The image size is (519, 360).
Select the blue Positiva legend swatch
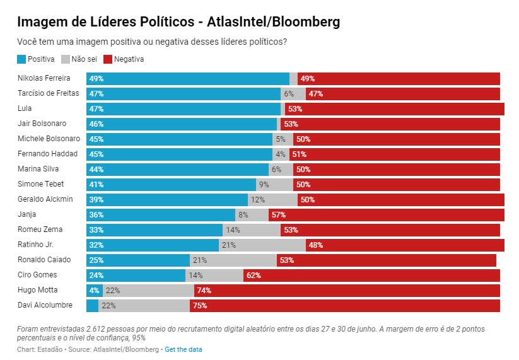click(21, 59)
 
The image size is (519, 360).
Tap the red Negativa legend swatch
click(107, 59)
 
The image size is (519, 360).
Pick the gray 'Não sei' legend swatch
click(65, 59)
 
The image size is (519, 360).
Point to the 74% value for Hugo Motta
click(204, 290)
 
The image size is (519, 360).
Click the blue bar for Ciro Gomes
click(136, 275)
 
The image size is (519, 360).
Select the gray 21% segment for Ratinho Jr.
click(262, 245)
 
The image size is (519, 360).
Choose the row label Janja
click(27, 214)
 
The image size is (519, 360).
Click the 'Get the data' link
click(184, 349)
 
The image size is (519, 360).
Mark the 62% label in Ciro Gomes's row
click(254, 275)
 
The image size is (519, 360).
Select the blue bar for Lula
click(183, 108)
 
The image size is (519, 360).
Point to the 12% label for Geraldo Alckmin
click(257, 199)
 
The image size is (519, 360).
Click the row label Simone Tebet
click(41, 184)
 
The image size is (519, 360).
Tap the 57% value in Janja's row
click(278, 214)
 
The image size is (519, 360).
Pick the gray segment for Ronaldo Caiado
click(233, 260)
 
